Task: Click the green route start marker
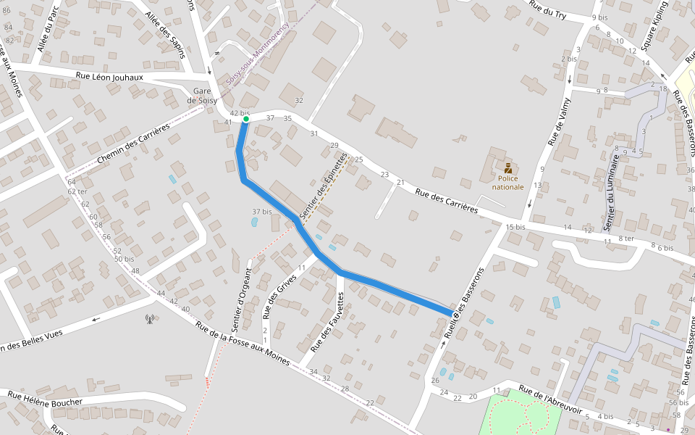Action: [x=246, y=119]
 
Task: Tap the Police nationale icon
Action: [x=508, y=168]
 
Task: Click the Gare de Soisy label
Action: [x=202, y=96]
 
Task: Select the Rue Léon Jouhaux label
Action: [x=109, y=77]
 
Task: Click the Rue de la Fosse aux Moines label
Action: [x=242, y=344]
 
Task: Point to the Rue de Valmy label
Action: [x=557, y=123]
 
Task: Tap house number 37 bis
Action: [x=261, y=212]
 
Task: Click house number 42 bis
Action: [x=239, y=114]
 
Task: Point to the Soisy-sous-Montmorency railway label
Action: [x=258, y=54]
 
